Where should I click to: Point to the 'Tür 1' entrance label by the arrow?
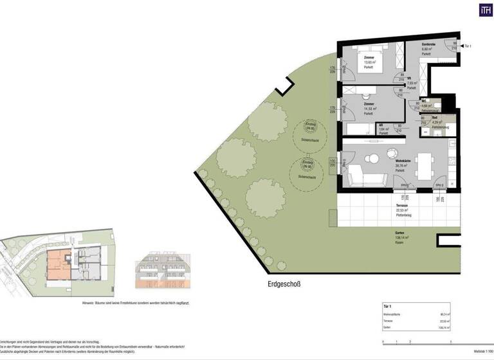[468, 46]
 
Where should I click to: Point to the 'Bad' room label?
[434, 118]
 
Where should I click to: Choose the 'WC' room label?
[424, 102]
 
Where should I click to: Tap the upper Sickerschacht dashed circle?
[309, 135]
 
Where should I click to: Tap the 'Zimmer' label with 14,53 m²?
[369, 104]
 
